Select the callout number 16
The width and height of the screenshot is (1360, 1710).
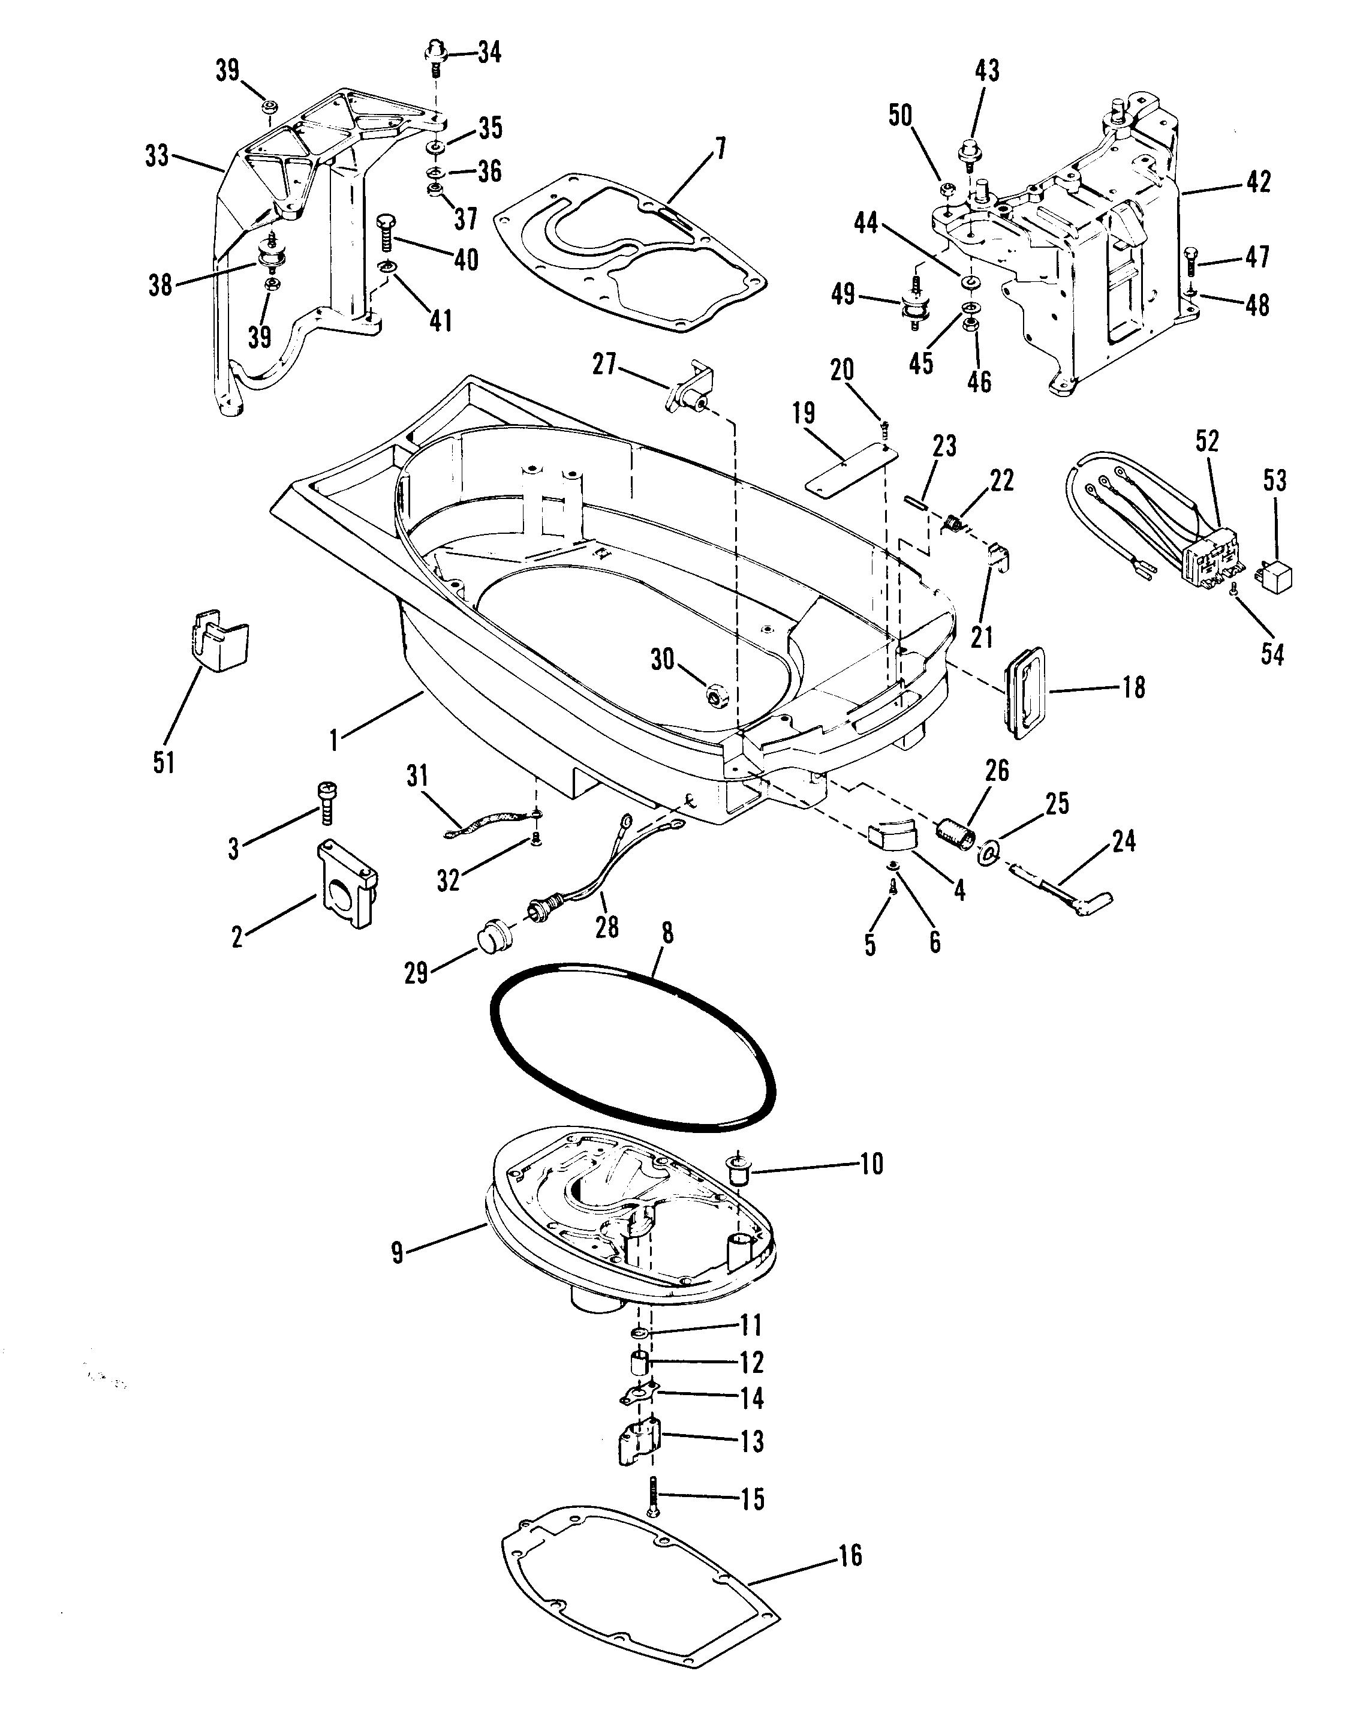tap(850, 1555)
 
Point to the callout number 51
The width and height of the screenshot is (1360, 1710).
tap(163, 762)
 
